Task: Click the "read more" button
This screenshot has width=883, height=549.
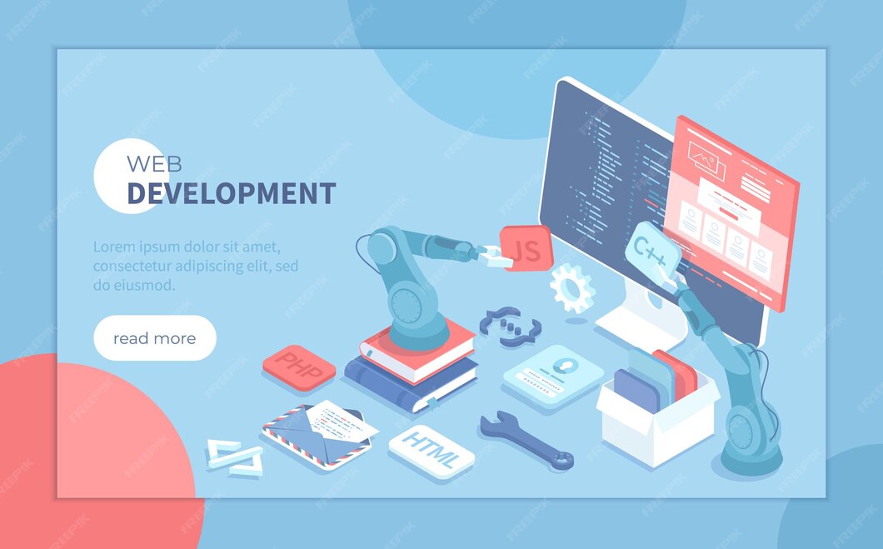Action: [155, 338]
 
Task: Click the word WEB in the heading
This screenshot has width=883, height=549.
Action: [154, 163]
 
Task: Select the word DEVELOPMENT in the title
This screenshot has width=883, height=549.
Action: [231, 194]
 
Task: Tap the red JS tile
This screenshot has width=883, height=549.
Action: [526, 248]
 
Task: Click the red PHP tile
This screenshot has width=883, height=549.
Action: [298, 367]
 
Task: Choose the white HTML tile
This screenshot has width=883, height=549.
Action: [431, 451]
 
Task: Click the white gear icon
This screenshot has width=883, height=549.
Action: [572, 287]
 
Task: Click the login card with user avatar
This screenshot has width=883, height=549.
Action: [552, 376]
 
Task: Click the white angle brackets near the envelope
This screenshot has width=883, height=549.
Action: [234, 457]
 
